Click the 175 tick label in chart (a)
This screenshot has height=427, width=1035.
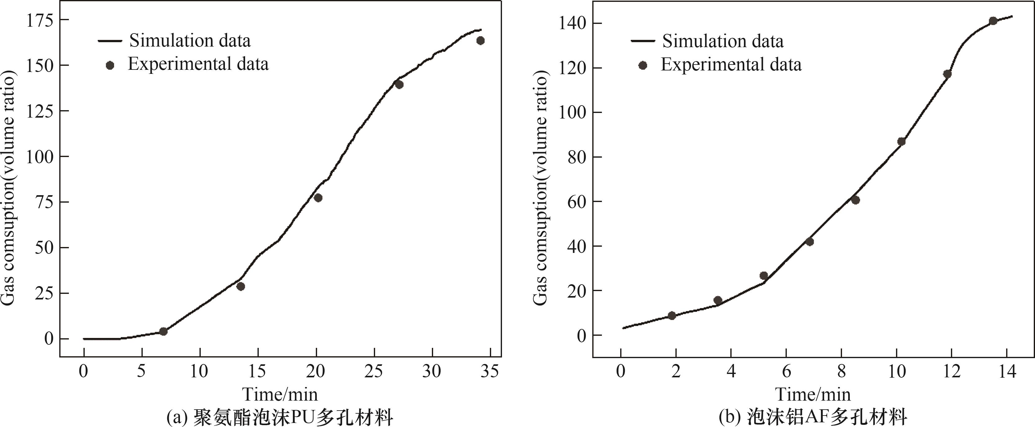(39, 20)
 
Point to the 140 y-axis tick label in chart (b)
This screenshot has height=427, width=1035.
(572, 23)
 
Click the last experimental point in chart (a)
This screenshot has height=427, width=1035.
(480, 41)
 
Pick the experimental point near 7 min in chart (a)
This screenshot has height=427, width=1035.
(163, 331)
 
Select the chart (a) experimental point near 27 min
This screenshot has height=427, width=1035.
(399, 84)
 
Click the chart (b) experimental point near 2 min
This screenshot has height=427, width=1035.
(671, 316)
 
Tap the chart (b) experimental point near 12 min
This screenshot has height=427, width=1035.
(947, 74)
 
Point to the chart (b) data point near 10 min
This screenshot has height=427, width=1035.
(901, 142)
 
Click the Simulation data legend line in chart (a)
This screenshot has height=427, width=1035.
(110, 41)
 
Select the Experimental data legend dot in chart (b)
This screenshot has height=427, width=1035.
(643, 65)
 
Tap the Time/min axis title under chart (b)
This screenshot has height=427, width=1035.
(813, 394)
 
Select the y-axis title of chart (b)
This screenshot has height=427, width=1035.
(540, 188)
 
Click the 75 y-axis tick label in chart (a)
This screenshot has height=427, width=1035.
(44, 202)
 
